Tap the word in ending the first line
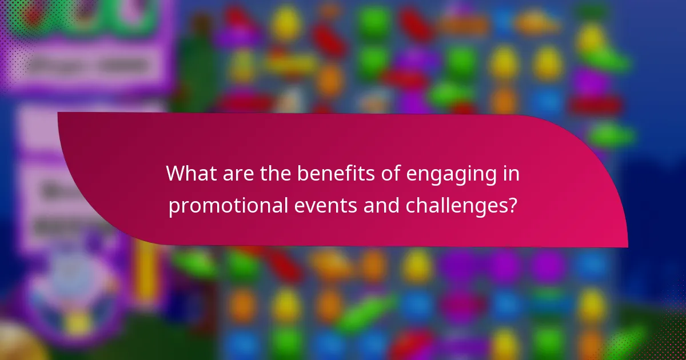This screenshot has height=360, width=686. pyautogui.click(x=510, y=174)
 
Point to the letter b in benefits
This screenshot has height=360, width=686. pyautogui.click(x=302, y=174)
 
